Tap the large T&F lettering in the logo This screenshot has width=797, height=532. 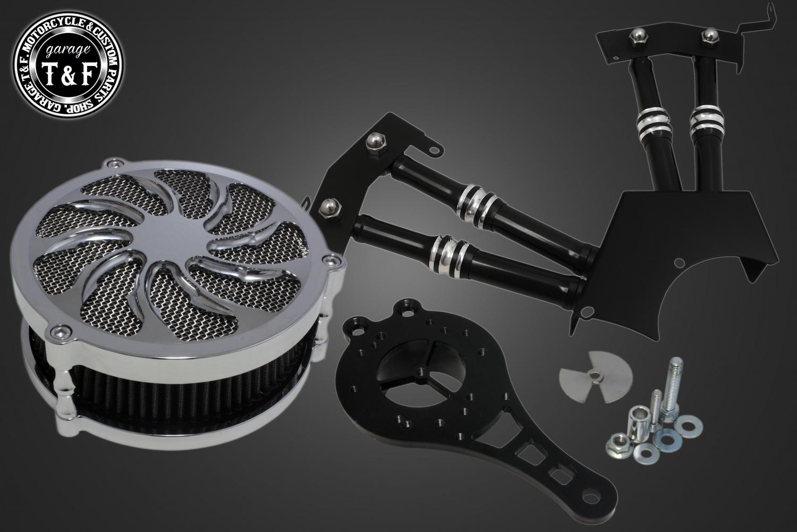tap(70, 74)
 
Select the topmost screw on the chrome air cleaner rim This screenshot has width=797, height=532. tap(114, 164)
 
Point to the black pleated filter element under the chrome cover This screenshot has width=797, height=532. tap(185, 395)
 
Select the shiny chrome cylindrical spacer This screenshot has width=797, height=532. tap(639, 420)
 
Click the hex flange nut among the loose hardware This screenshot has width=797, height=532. tap(617, 444)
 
